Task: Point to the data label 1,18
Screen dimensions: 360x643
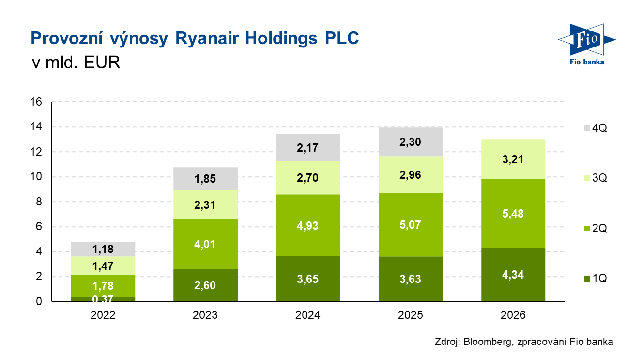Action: [103, 250]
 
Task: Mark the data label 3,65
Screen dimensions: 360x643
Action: [308, 279]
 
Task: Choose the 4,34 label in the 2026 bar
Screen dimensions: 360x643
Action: [513, 275]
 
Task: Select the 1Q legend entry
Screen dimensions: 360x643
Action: [595, 279]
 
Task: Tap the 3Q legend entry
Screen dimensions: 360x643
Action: [595, 179]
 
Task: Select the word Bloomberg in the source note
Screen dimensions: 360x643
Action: [485, 342]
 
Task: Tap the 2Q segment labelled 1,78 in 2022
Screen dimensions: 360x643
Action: [103, 286]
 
